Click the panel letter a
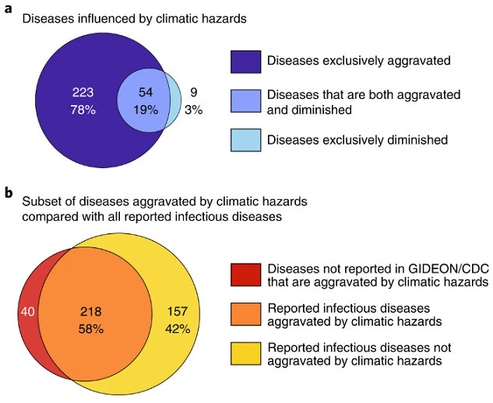pyautogui.click(x=8, y=9)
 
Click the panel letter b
pyautogui.click(x=9, y=192)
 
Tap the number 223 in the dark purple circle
pyautogui.click(x=83, y=93)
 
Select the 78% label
pyautogui.click(x=83, y=110)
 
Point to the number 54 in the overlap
pyautogui.click(x=146, y=93)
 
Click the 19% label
pyautogui.click(x=146, y=110)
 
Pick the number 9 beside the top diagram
pyautogui.click(x=194, y=93)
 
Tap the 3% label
pyautogui.click(x=194, y=110)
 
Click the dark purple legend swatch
pyautogui.click(x=245, y=62)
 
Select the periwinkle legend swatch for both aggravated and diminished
pyautogui.click(x=245, y=101)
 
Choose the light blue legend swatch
pyautogui.click(x=245, y=140)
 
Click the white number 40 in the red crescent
pyautogui.click(x=28, y=312)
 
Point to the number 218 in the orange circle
pyautogui.click(x=91, y=312)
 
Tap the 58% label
pyautogui.click(x=91, y=329)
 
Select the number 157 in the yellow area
pyautogui.click(x=178, y=312)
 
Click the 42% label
pyautogui.click(x=178, y=329)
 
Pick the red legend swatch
pyautogui.click(x=245, y=275)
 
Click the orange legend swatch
pyautogui.click(x=245, y=314)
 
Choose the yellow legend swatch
pyautogui.click(x=245, y=354)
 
